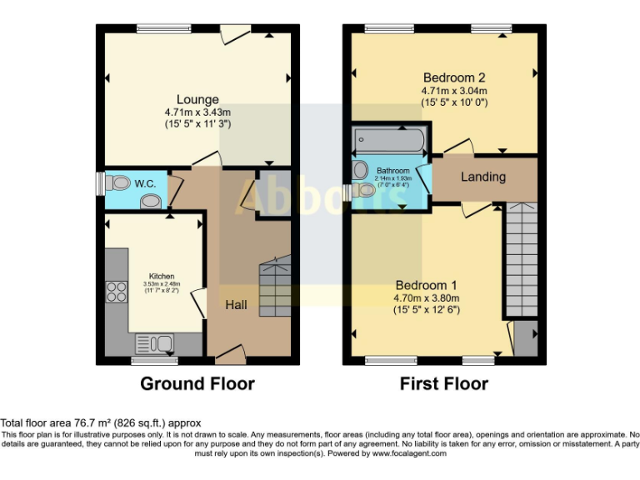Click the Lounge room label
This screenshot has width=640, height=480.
click(x=197, y=100)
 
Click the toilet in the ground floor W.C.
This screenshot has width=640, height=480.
click(x=119, y=182)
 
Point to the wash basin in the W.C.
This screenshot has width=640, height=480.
click(x=150, y=200)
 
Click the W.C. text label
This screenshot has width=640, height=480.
click(x=146, y=182)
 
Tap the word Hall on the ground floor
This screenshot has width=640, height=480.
click(x=236, y=305)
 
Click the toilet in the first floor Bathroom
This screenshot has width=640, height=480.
click(x=364, y=190)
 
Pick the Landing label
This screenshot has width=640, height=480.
click(x=483, y=177)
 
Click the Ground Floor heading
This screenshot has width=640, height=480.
click(x=197, y=384)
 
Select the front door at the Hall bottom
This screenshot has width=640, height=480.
click(x=232, y=355)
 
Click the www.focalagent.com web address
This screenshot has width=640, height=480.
click(x=408, y=454)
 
